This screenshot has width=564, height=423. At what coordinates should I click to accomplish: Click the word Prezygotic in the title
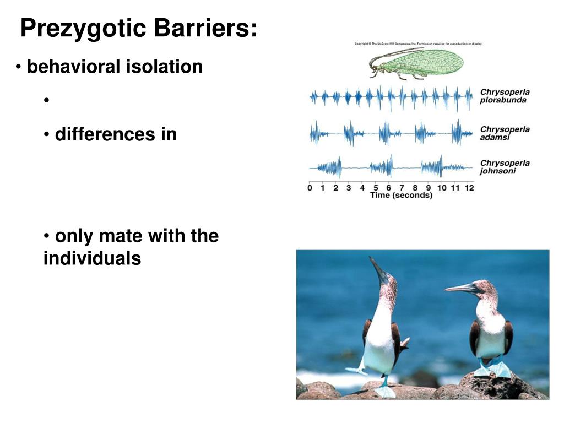79,29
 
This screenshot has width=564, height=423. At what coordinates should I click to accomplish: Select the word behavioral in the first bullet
74,67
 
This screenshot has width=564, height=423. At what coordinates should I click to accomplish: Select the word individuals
92,258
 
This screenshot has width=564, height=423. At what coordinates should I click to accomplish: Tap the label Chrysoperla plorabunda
505,96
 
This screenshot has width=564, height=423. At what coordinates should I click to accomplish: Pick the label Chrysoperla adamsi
505,133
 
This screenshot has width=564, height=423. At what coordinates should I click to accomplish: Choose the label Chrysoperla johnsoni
505,167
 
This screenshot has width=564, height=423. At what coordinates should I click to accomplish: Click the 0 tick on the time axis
310,188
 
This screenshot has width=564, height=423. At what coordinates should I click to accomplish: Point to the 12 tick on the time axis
469,188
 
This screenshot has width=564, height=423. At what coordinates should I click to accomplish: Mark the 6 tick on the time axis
389,188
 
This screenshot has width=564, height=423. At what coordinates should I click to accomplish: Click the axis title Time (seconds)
401,196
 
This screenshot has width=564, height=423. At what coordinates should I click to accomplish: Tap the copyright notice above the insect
418,44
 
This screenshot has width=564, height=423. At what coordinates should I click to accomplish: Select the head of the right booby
485,289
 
